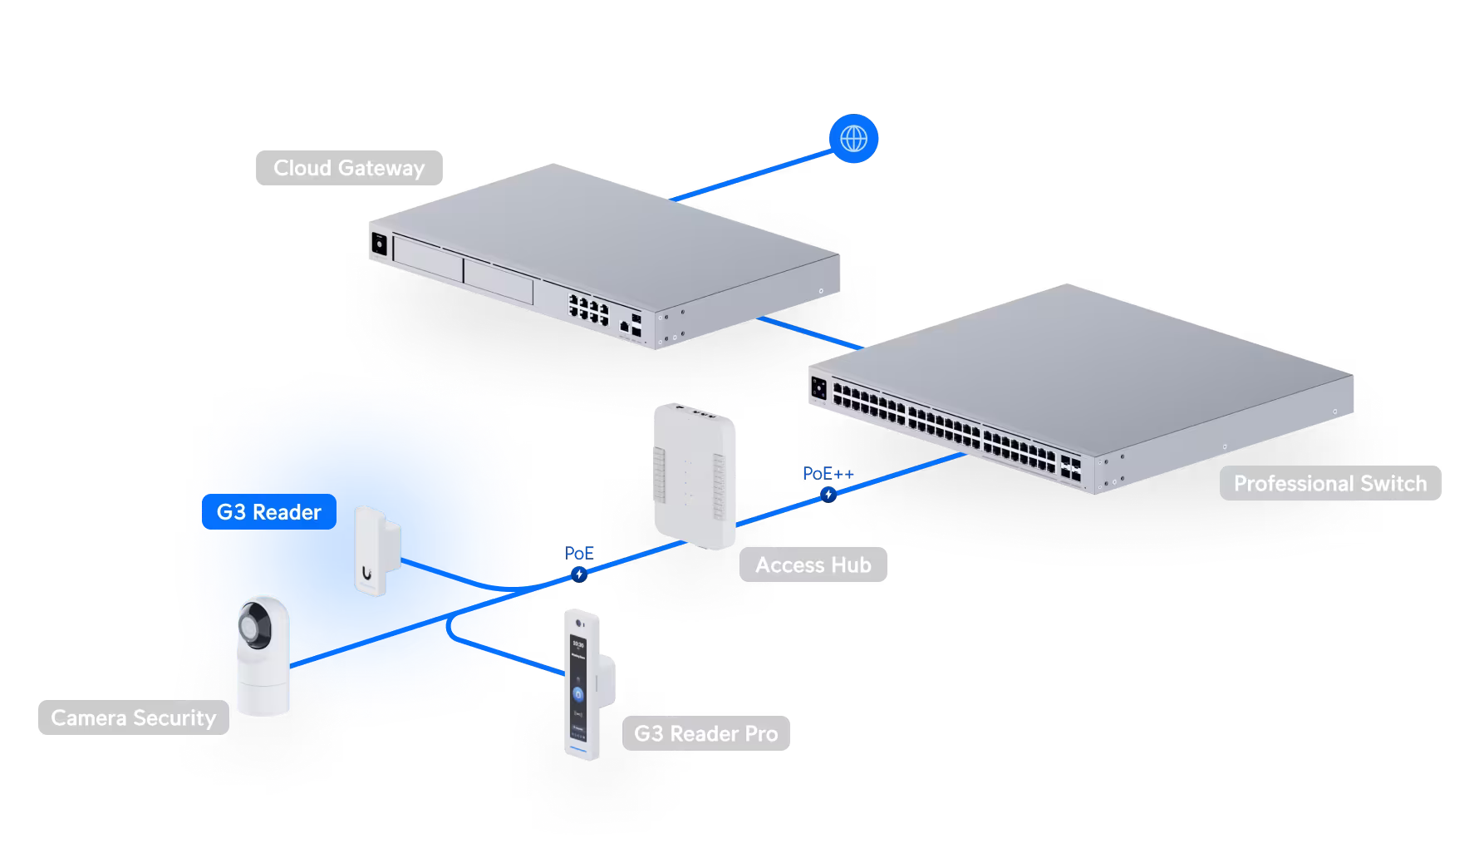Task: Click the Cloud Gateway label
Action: (349, 168)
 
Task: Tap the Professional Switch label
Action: (1329, 483)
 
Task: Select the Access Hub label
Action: (813, 565)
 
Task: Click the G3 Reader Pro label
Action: (705, 733)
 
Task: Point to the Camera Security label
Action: (133, 717)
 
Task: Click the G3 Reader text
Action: (268, 512)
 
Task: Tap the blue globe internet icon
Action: (853, 139)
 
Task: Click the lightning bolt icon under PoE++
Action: (828, 495)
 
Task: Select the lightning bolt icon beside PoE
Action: (579, 574)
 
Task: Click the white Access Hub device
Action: (695, 478)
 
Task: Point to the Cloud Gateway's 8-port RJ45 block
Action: (587, 308)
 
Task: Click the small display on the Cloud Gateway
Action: (380, 244)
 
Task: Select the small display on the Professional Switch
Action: (818, 387)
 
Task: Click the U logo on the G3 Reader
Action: (367, 572)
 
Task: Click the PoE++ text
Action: (828, 474)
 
